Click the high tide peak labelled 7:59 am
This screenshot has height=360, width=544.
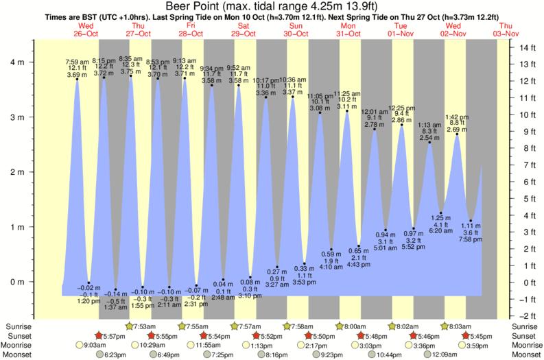click(77, 80)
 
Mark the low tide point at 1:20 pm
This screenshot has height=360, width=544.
click(89, 283)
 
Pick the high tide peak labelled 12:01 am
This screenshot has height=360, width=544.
click(375, 129)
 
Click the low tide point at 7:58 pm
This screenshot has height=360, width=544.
click(470, 220)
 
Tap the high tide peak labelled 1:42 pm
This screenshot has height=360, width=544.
click(457, 134)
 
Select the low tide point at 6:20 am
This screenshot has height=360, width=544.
click(440, 213)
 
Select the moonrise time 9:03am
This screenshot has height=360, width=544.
click(93, 345)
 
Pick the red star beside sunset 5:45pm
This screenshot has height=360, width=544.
click(466, 335)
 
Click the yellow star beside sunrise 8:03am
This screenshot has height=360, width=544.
click(445, 326)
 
